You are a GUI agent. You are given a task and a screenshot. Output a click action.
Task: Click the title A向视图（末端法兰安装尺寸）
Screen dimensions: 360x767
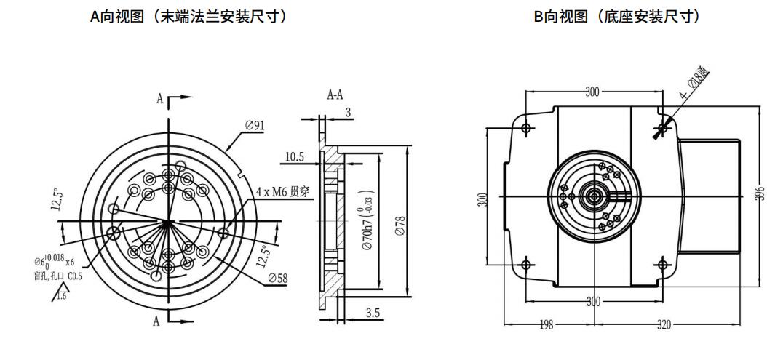[187, 16]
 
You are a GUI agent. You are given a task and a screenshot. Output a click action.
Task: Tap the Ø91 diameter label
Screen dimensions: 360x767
[255, 125]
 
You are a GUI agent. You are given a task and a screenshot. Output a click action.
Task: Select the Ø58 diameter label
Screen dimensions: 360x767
[277, 278]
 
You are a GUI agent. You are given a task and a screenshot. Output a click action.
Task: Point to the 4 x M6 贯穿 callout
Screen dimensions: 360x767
[280, 192]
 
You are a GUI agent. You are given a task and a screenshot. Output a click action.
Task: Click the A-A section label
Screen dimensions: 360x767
[335, 95]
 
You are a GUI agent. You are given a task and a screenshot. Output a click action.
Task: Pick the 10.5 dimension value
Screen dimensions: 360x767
[294, 156]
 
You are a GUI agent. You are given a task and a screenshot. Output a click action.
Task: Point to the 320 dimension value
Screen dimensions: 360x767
[664, 325]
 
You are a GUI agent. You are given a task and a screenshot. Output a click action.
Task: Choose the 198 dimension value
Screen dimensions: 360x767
[546, 325]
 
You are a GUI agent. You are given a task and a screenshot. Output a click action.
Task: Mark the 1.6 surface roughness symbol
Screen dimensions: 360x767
[60, 293]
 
